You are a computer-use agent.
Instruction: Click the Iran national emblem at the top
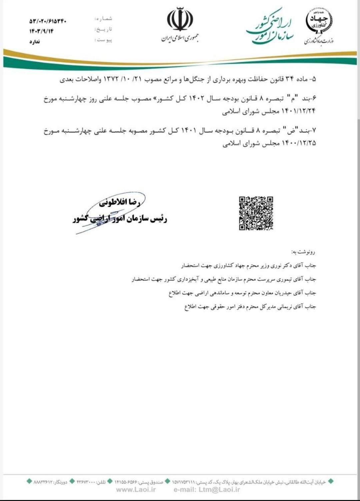[x=180, y=20]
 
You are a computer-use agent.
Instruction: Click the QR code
[x=256, y=213]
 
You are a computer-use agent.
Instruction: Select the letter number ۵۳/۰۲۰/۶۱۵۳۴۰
[x=48, y=21]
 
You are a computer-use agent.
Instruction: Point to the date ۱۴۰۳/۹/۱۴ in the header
[x=41, y=31]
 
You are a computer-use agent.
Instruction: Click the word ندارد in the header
[x=35, y=41]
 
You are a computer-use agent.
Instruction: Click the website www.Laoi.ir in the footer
[x=136, y=490]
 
